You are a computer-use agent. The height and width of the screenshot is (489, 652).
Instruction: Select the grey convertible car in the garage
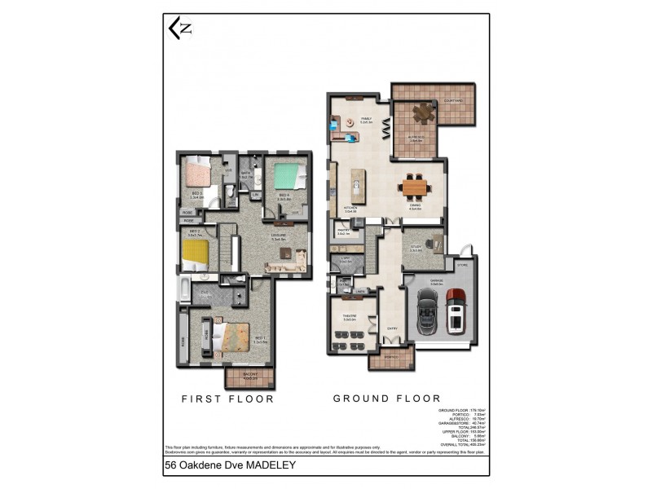pyautogui.click(x=426, y=315)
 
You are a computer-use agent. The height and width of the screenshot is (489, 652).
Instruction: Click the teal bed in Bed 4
pyautogui.click(x=285, y=176)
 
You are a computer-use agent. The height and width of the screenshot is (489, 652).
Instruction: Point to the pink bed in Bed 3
pyautogui.click(x=196, y=174)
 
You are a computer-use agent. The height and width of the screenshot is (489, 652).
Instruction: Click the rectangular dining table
pyautogui.click(x=414, y=188)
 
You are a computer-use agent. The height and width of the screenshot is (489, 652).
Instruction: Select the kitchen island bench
pyautogui.click(x=355, y=188)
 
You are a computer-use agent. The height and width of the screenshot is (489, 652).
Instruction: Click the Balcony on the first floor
pyautogui.click(x=249, y=377)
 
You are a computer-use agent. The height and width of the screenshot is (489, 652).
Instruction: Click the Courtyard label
pyautogui.click(x=453, y=101)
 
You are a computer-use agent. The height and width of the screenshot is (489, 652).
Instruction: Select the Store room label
pyautogui.click(x=462, y=264)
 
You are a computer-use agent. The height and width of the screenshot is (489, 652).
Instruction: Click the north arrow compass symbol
pyautogui.click(x=180, y=29)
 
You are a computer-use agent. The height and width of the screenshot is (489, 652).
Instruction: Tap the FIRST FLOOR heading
pyautogui.click(x=228, y=399)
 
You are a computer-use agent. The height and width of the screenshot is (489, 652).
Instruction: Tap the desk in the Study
pyautogui.click(x=433, y=242)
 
